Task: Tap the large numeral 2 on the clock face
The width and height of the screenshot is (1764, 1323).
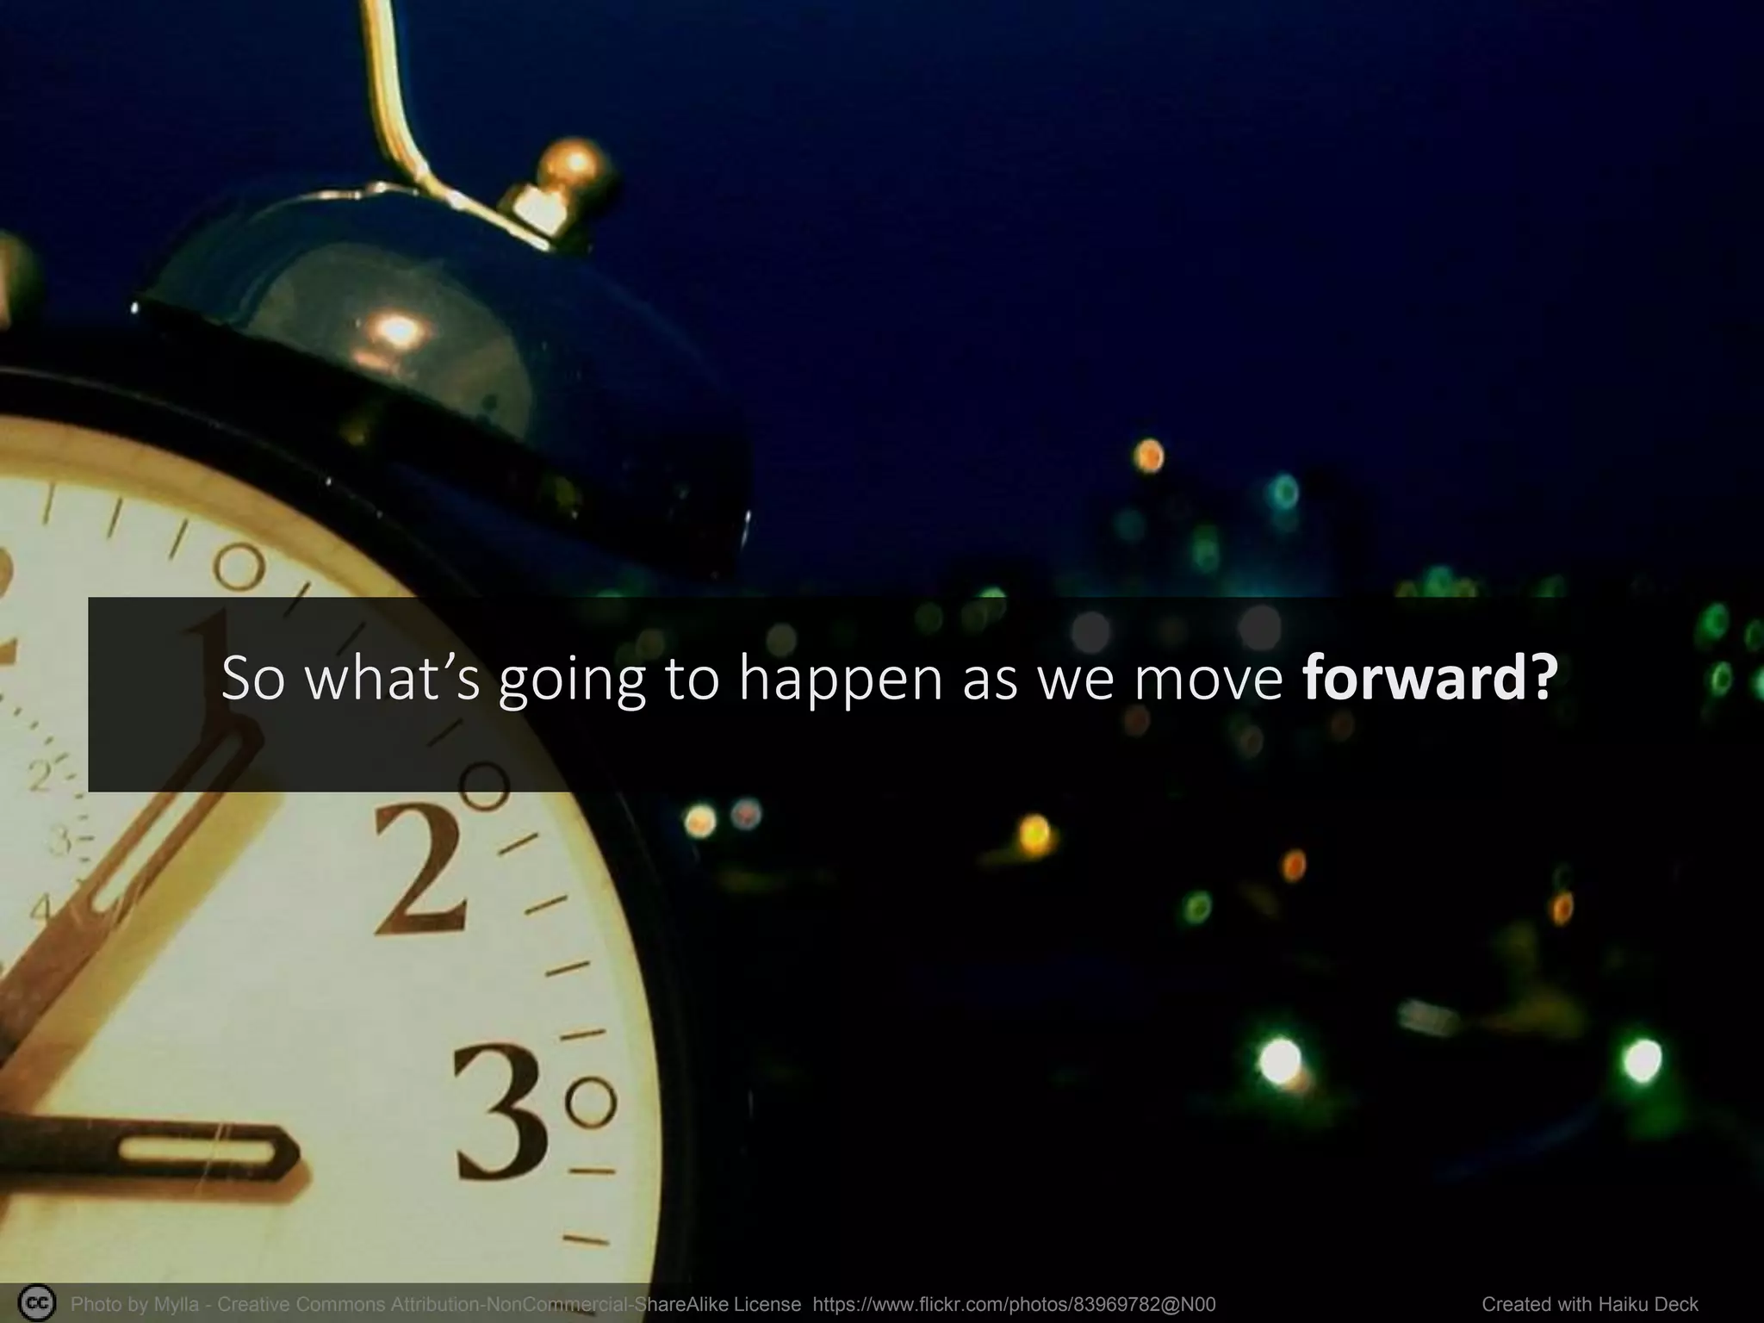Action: (421, 872)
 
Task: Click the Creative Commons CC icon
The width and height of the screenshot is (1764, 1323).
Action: (36, 1303)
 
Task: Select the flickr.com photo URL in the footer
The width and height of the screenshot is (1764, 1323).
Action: (1014, 1304)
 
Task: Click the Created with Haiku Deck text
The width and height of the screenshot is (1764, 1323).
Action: (1590, 1304)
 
